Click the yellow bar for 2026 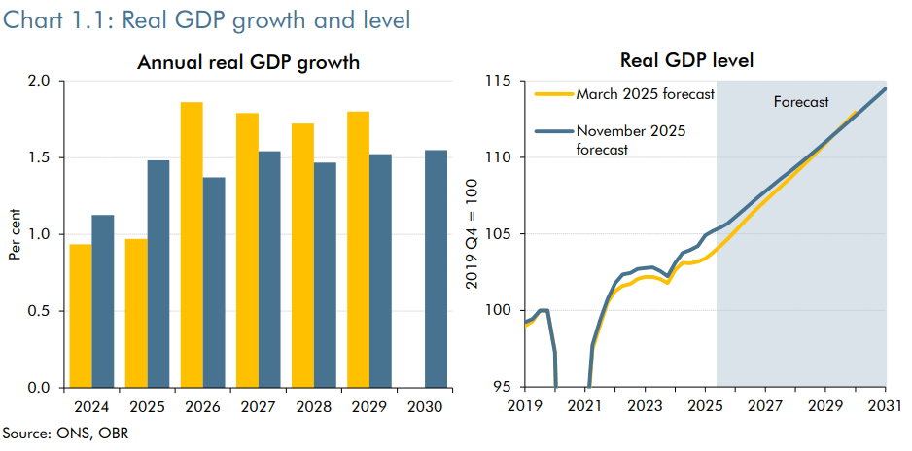coord(192,245)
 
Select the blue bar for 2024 coord(103,301)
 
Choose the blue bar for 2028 coord(325,275)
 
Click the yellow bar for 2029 coord(358,250)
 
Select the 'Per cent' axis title coord(16,234)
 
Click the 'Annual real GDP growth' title coord(249,62)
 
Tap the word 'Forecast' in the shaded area coord(801,101)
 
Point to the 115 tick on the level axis coord(498,81)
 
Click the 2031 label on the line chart coord(885,404)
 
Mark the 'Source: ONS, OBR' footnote coord(65,433)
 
